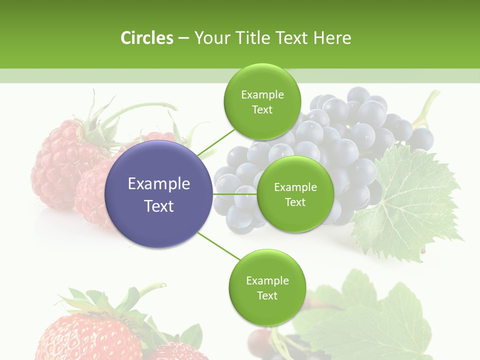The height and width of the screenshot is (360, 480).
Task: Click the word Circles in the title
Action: [146, 38]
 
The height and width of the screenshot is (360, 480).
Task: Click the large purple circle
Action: [158, 194]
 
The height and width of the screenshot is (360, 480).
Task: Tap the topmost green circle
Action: [262, 102]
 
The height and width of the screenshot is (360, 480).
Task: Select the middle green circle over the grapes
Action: [295, 194]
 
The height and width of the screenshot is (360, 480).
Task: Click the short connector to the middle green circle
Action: [234, 194]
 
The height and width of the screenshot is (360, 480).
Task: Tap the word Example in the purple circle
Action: [158, 184]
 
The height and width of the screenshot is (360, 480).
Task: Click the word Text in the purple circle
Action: [158, 206]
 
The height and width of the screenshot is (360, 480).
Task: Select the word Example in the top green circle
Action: [262, 95]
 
